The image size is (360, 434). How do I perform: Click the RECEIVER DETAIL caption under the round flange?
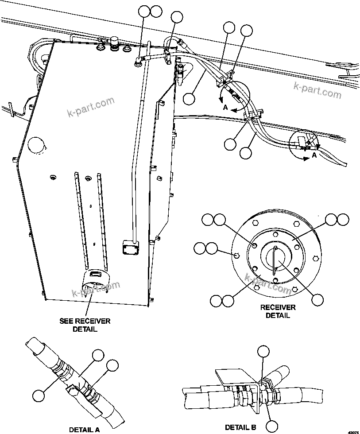pyautogui.click(x=278, y=311)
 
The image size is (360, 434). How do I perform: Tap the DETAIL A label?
pyautogui.click(x=84, y=429)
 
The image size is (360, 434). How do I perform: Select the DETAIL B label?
pyautogui.click(x=240, y=427)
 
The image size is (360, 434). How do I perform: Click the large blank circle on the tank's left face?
pyautogui.click(x=36, y=145)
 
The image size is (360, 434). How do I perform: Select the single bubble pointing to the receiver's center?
pyautogui.click(x=317, y=299)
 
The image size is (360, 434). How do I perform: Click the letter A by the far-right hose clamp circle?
pyautogui.click(x=314, y=155)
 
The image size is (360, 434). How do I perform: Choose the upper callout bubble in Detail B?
pyautogui.click(x=263, y=352)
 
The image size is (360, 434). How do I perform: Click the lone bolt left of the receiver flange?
pyautogui.click(x=236, y=255)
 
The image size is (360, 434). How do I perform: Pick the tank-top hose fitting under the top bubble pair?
pyautogui.click(x=139, y=62)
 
